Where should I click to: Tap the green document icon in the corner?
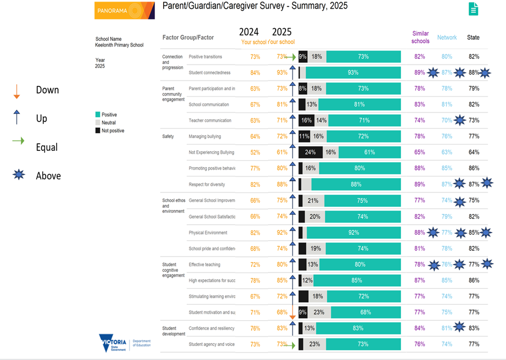pyautogui.click(x=474, y=9)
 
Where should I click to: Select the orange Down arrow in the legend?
pyautogui.click(x=17, y=91)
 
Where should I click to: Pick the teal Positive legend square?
pyautogui.click(x=98, y=115)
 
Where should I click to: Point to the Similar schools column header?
pyautogui.click(x=420, y=37)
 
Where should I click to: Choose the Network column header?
pyautogui.click(x=447, y=38)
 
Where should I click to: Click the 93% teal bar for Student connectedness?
pyautogui.click(x=353, y=73)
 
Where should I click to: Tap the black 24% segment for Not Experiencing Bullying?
pyautogui.click(x=310, y=152)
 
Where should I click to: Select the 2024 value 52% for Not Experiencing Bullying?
pyautogui.click(x=255, y=153)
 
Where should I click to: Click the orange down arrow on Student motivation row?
pyautogui.click(x=292, y=314)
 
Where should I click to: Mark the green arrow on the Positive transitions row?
pyautogui.click(x=291, y=56)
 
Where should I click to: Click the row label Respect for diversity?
pyautogui.click(x=207, y=184)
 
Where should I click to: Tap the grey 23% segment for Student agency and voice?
pyautogui.click(x=314, y=344)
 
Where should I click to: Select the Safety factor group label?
pyautogui.click(x=168, y=137)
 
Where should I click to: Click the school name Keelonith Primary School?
pyautogui.click(x=119, y=45)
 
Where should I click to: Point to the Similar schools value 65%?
pyautogui.click(x=420, y=152)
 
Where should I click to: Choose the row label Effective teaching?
pyautogui.click(x=204, y=265)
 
